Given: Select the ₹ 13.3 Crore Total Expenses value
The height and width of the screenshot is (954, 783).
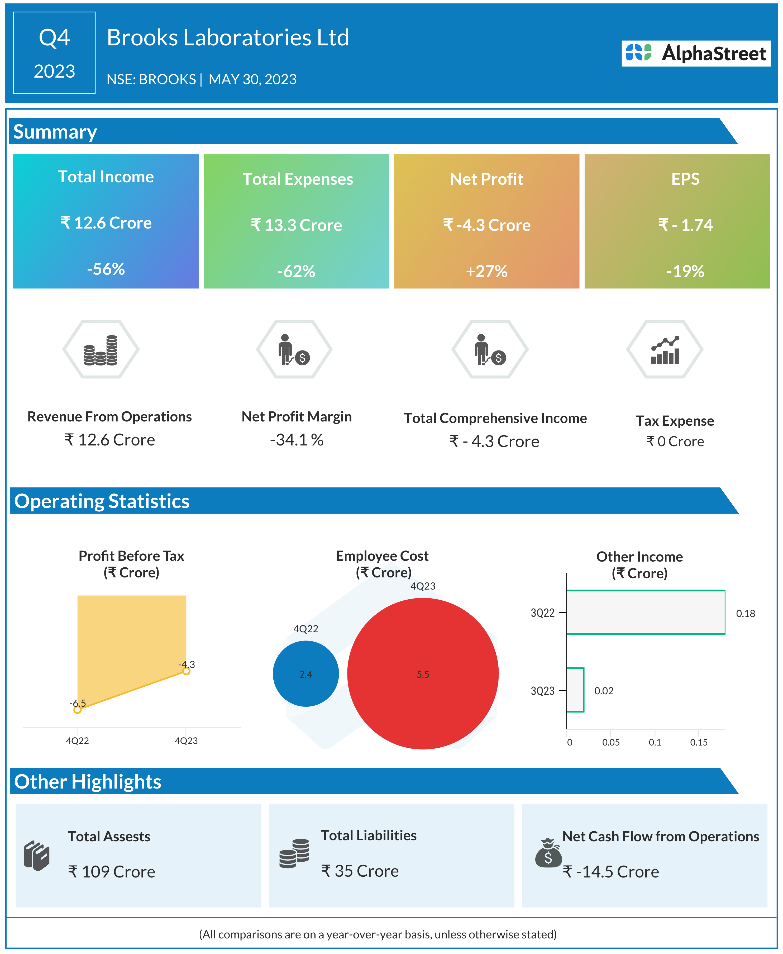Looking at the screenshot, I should [x=296, y=225].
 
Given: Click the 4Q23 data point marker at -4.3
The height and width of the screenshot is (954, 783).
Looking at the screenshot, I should [x=186, y=671].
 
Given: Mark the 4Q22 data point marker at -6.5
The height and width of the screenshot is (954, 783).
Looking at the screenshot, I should [x=78, y=710].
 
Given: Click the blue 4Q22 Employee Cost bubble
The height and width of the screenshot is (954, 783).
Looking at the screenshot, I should [x=306, y=674].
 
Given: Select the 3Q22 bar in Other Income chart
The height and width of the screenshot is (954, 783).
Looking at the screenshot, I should [x=646, y=613].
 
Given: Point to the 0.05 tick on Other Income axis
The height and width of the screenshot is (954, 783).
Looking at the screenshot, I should [x=611, y=742].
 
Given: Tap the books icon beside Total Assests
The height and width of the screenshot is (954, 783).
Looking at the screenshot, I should [x=36, y=855].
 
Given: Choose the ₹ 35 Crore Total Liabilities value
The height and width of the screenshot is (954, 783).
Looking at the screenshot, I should [x=360, y=871].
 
